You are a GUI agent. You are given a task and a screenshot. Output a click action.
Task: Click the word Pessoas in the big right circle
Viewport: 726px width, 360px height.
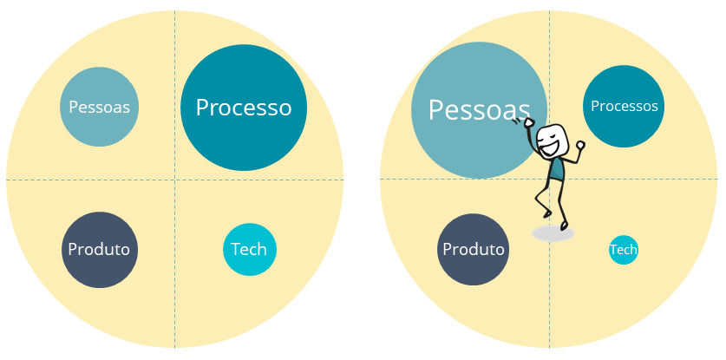479,110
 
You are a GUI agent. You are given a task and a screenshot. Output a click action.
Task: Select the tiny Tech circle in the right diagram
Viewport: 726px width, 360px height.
624,250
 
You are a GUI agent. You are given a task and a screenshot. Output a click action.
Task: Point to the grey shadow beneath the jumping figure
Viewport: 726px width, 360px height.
553,233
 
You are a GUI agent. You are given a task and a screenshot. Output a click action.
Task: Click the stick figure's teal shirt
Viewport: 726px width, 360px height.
556,170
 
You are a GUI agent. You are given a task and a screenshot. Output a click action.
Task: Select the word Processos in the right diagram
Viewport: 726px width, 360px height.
625,106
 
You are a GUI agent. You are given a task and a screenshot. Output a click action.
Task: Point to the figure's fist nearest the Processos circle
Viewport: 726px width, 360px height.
580,145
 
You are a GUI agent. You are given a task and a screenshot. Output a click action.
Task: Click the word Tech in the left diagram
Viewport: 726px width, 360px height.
250,250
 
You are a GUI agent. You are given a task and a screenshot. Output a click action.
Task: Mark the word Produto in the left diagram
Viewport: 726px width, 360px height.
100,250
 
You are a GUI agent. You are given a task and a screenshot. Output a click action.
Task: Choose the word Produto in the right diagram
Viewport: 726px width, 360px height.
474,250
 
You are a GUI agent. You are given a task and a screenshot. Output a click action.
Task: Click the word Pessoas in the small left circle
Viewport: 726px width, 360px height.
100,108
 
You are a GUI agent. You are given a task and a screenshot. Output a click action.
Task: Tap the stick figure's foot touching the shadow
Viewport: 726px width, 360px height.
564,226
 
